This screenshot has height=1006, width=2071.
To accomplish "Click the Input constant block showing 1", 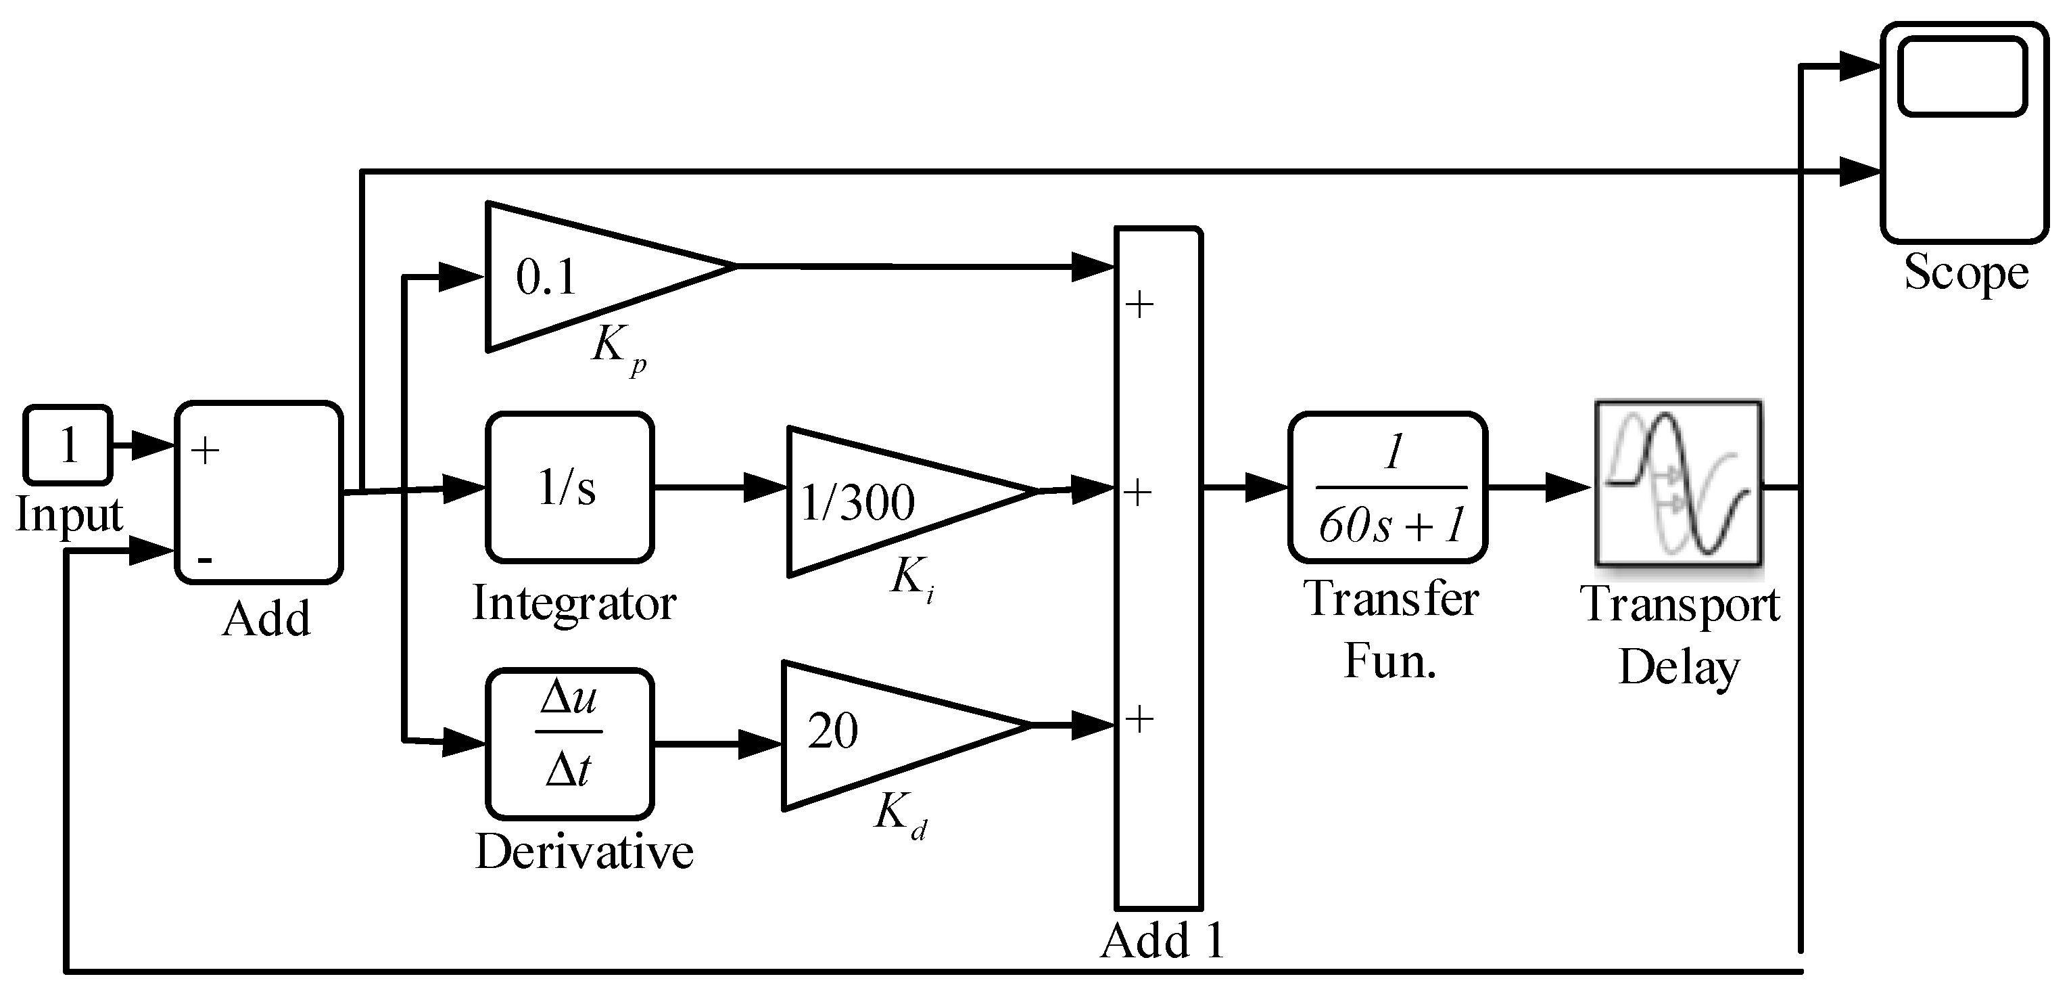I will click(68, 444).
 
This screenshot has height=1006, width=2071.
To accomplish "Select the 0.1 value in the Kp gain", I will click(546, 278).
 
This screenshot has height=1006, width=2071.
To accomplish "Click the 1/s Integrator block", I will click(569, 487).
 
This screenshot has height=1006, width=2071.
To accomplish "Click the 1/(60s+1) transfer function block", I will click(1388, 487).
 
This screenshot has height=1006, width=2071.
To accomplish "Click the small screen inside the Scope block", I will click(1961, 77).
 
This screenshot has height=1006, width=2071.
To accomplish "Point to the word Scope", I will click(1966, 273).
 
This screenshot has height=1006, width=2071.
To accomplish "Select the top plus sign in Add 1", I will click(1139, 304).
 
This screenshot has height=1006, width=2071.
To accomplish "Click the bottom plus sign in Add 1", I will click(1139, 718).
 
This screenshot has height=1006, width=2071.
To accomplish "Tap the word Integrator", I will click(574, 603).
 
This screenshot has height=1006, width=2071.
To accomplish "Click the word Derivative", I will click(584, 852).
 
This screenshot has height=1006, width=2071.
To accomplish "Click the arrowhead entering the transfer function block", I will click(1266, 487).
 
